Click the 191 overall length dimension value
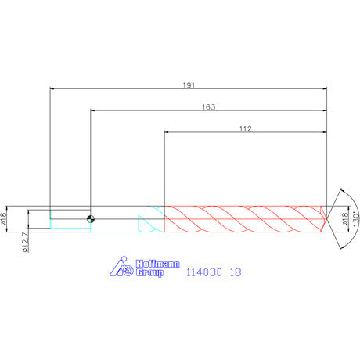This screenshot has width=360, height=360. (x=189, y=85)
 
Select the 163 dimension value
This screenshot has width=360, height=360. (x=209, y=107)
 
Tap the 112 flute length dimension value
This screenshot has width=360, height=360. (x=246, y=129)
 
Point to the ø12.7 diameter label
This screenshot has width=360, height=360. (x=25, y=243)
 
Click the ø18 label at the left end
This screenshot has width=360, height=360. (x=3, y=218)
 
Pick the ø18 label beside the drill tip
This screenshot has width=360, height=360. (x=345, y=218)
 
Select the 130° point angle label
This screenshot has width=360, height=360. (x=356, y=218)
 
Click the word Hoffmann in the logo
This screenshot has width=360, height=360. (x=158, y=264)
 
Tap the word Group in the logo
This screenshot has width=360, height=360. (x=149, y=272)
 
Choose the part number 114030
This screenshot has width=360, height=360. (x=204, y=272)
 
